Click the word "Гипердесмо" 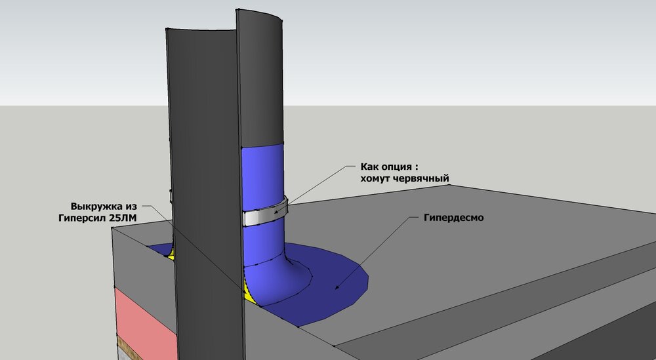point(453,218)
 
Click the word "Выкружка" point(97,206)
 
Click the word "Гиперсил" point(82,218)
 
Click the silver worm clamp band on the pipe point(265,213)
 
